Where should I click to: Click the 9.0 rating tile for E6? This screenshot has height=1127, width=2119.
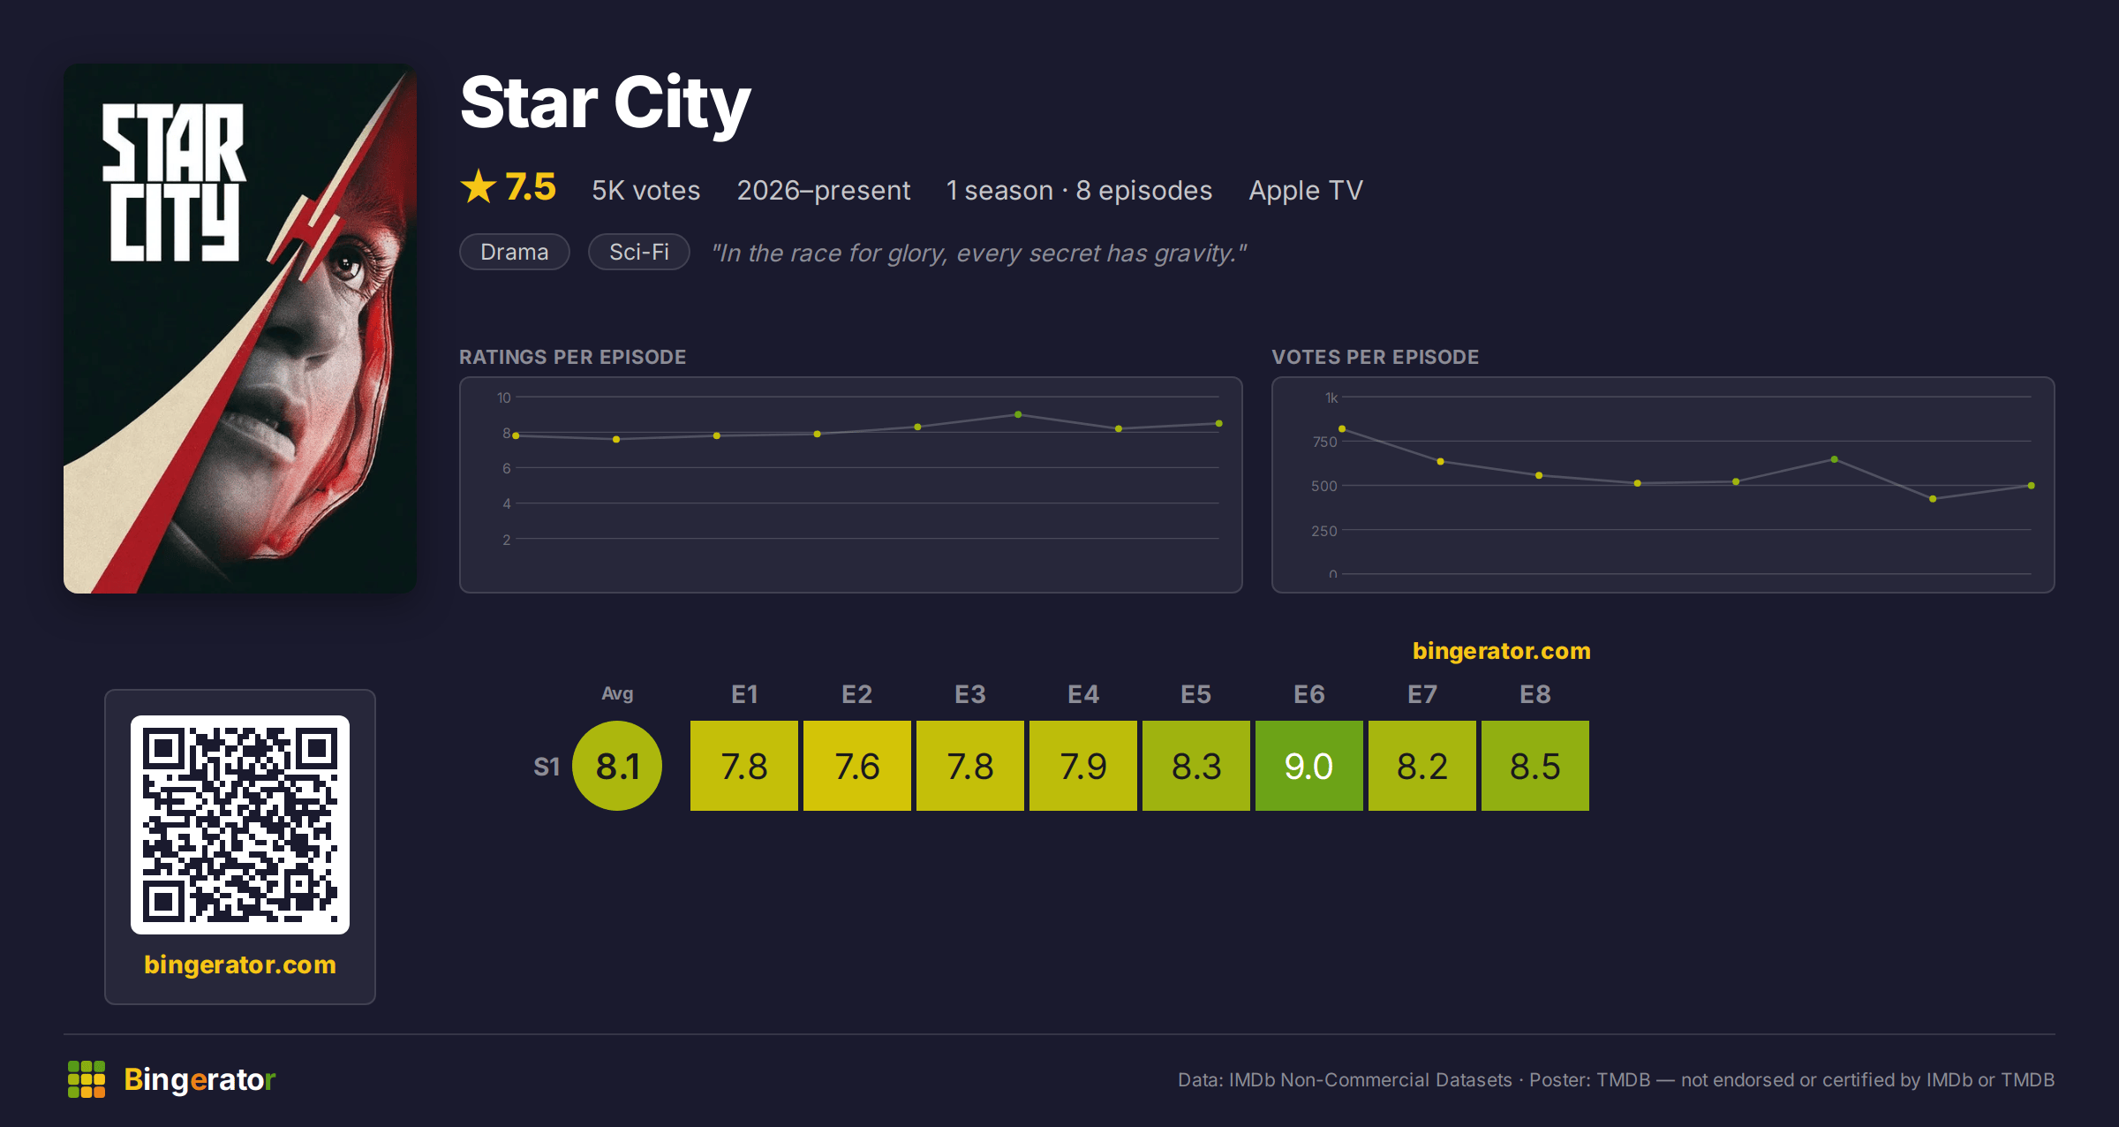(x=1308, y=766)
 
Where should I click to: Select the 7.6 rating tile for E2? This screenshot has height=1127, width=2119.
(x=856, y=766)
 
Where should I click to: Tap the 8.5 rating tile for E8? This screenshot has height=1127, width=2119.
(x=1535, y=766)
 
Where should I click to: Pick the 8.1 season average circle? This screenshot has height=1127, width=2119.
(x=617, y=766)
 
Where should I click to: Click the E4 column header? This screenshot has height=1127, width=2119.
(x=1083, y=694)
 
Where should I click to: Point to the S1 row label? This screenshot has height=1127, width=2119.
(x=547, y=767)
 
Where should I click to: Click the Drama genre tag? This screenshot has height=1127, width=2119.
(x=515, y=252)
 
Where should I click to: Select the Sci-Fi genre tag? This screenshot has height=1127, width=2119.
(x=639, y=252)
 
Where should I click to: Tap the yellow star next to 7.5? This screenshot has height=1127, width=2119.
(x=479, y=186)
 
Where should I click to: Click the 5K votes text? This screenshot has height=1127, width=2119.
(x=645, y=190)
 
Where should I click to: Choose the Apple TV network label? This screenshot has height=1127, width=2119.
(x=1306, y=191)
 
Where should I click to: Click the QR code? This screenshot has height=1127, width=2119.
(x=240, y=825)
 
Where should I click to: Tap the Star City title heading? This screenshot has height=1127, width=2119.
(x=606, y=103)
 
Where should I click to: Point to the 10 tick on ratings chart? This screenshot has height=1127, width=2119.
(x=504, y=397)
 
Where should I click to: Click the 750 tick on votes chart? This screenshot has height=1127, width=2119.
(x=1324, y=442)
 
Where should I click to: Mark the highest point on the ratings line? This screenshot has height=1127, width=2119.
(x=1018, y=414)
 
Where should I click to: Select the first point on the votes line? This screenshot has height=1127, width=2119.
(x=1342, y=428)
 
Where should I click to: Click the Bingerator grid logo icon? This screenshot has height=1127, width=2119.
(x=87, y=1079)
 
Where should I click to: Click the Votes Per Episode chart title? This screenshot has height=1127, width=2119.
(x=1375, y=357)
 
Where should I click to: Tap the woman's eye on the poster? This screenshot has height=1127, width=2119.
(x=345, y=263)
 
